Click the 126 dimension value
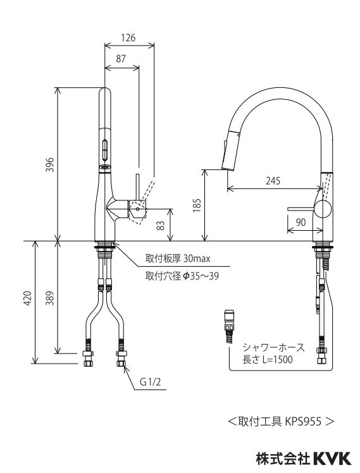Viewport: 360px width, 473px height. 128,38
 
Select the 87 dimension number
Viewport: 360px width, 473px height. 121,59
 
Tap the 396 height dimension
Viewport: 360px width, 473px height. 50,164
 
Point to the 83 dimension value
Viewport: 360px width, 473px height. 161,226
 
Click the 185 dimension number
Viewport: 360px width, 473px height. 196,205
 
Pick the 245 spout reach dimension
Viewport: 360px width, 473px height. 273,181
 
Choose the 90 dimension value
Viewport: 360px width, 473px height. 301,223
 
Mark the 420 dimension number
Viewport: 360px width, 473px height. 28,298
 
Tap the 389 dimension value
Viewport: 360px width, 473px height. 50,298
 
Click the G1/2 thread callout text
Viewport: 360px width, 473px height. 150,382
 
